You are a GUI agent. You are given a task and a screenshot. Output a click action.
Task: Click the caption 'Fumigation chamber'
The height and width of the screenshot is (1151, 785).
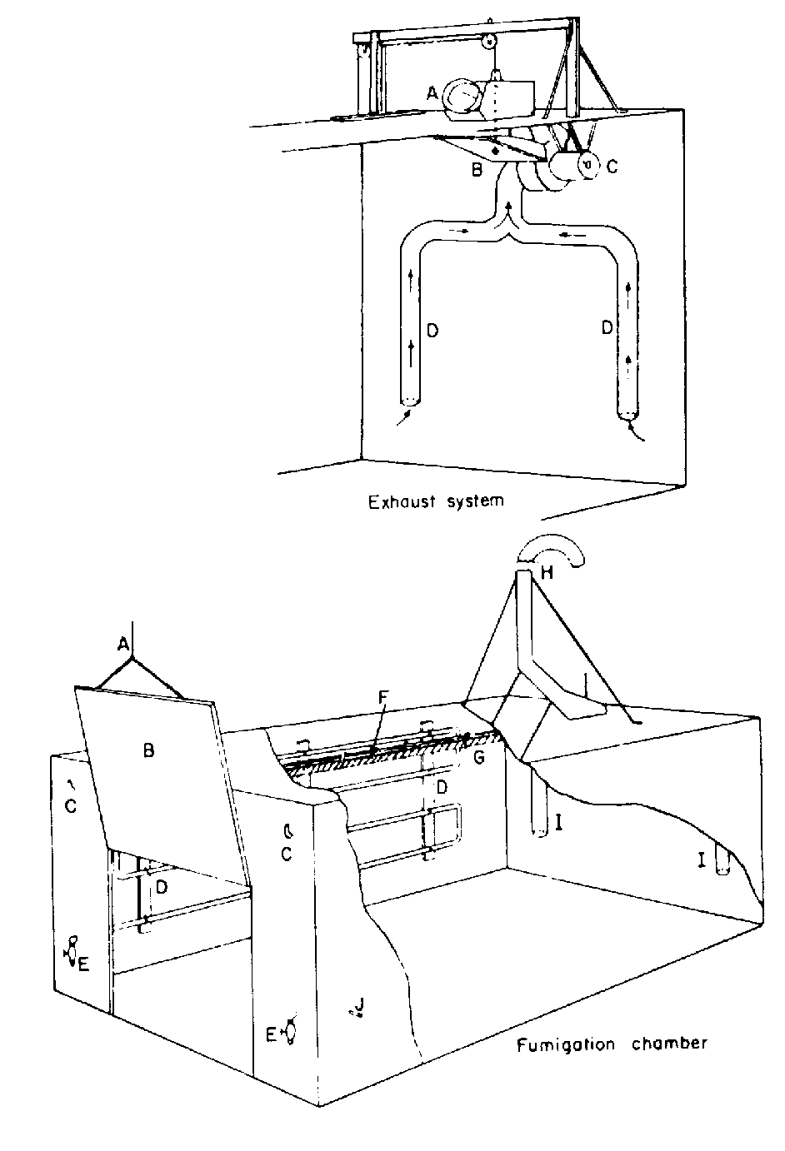coord(612,1044)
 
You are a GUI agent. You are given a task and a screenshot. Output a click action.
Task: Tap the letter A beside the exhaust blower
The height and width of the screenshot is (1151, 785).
coord(432,94)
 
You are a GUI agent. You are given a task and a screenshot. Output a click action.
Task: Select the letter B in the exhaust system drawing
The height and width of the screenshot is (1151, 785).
coord(477,172)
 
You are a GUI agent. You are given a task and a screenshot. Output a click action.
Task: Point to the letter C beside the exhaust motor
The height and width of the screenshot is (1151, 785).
coord(612,167)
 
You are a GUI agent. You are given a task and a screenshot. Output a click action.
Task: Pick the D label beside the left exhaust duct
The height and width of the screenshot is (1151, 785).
coord(432,331)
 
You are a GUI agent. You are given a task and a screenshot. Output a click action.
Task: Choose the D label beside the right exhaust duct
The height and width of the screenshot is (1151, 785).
coord(607,328)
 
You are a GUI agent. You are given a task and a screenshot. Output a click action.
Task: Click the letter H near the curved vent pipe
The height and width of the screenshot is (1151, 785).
coord(547,573)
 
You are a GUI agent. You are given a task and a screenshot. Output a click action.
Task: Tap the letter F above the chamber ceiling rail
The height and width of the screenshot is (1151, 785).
coord(381,723)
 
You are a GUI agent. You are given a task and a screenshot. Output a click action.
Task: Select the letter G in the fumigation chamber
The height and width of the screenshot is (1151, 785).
coord(477,757)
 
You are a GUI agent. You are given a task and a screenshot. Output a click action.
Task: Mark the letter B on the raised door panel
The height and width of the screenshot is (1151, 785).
coord(148,750)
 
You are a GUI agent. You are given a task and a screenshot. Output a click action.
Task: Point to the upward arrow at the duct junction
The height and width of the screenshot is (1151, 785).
coord(508,208)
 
